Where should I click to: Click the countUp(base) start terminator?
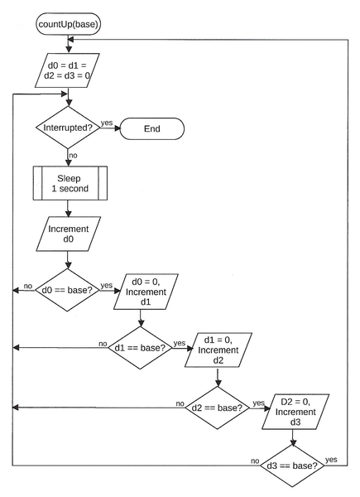pos(69,24)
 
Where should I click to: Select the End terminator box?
pos(152,128)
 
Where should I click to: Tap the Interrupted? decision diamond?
pos(68,128)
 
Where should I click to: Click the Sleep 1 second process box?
pos(70,183)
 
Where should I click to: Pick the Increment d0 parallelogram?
pos(69,234)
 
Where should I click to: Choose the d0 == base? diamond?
pos(67,290)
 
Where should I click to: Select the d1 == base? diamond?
pos(140,348)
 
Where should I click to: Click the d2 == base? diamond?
pos(217,408)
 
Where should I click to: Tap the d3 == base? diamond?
pos(293,466)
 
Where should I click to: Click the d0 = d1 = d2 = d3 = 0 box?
pos(67,70)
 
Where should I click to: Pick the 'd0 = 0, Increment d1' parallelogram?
pos(146,292)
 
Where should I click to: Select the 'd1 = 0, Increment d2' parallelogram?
pos(218,350)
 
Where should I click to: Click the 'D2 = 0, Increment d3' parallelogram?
pos(295,412)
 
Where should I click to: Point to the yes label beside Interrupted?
pos(107,123)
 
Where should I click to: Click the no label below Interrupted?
pos(73,156)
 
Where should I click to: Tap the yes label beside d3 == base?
pos(331,460)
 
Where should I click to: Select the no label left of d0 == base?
pos(28,286)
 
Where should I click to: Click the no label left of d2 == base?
pos(180,403)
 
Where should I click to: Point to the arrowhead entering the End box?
pos(118,128)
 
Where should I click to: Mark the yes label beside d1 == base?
pos(180,343)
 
